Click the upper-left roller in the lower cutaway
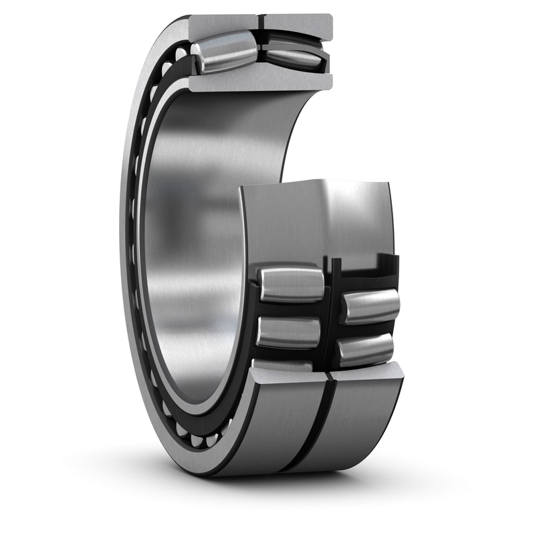tap(291, 284)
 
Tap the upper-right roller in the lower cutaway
tap(370, 306)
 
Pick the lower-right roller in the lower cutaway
tap(365, 349)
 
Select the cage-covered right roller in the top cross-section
tap(294, 57)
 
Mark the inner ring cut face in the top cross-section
tap(261, 82)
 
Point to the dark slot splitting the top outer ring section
tap(261, 24)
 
